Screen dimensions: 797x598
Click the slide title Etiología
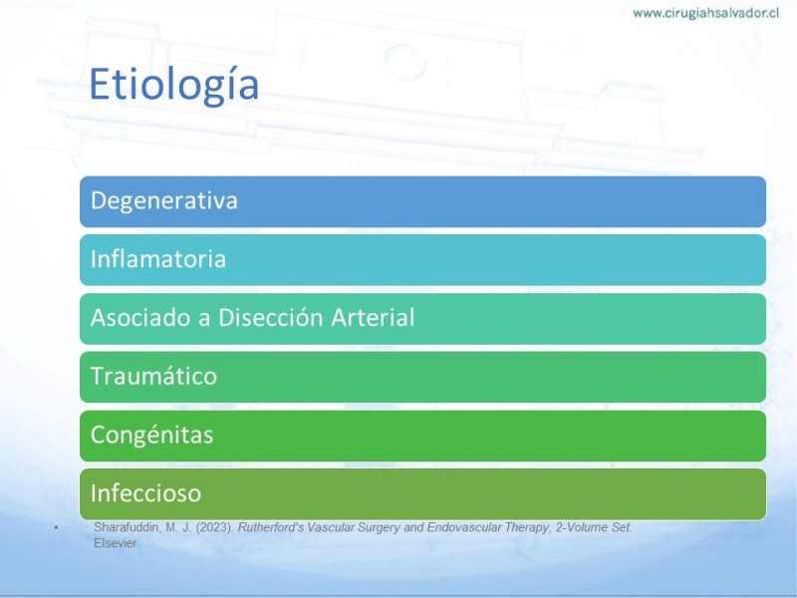coord(173,85)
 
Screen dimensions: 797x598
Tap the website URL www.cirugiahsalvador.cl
coord(705,13)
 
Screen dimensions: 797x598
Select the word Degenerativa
coord(163,201)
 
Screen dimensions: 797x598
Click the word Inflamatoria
coord(158,259)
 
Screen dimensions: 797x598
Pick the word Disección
coord(270,317)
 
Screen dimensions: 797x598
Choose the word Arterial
coord(373,317)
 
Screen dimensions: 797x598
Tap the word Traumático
coord(153,377)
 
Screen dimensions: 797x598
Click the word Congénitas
coord(151,436)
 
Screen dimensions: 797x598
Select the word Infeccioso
coord(145,492)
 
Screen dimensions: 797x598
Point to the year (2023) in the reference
coord(214,527)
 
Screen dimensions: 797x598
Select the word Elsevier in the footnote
coord(117,543)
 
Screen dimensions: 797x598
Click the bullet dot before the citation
coord(57,528)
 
